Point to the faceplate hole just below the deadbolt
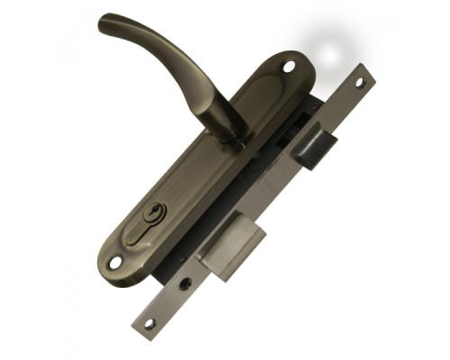point(187,282)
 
